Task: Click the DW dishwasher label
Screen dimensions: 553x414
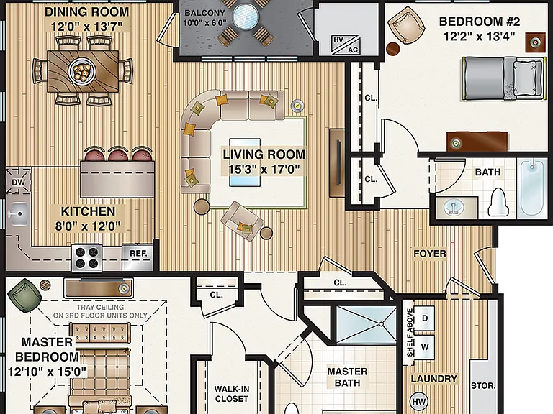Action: pos(18,183)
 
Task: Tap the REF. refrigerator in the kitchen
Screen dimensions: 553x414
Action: pos(138,257)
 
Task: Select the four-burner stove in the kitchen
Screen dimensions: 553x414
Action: pos(86,258)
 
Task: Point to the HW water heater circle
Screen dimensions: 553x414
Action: pos(419,401)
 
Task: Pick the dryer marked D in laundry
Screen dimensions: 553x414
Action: pos(424,318)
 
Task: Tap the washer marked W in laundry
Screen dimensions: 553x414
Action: pos(424,346)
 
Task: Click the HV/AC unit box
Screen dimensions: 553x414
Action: pos(346,45)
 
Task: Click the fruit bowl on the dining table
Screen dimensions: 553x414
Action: pos(82,70)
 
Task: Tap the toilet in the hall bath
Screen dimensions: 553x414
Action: pos(498,203)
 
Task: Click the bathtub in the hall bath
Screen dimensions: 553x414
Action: pos(533,188)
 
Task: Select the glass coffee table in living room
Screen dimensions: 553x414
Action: pos(245,162)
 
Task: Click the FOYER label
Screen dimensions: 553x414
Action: pos(430,254)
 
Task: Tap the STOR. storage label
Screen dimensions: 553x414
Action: pos(483,386)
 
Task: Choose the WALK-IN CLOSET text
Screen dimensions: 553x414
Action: pos(232,394)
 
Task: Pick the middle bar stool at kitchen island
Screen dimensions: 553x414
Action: pos(118,154)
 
